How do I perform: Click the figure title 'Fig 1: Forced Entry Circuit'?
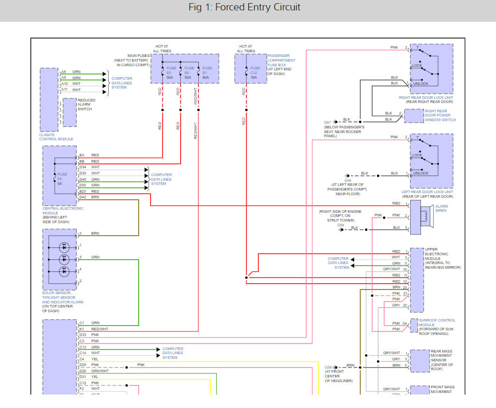(x=244, y=8)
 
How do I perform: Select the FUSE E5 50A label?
(x=169, y=72)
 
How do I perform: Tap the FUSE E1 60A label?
(x=207, y=72)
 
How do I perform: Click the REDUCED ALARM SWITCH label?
(x=86, y=104)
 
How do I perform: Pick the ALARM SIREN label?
(x=441, y=209)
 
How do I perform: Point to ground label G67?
(x=328, y=122)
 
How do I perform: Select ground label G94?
(x=341, y=225)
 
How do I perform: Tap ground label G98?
(x=328, y=367)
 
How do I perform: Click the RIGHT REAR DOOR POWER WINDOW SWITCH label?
(x=440, y=115)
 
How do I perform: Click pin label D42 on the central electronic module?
(x=83, y=197)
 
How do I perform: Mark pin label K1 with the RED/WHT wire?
(x=82, y=329)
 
